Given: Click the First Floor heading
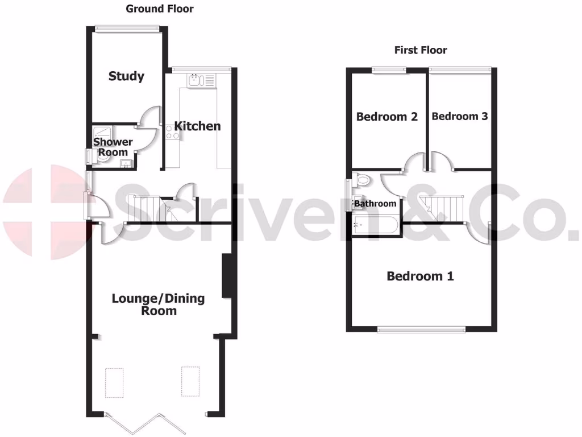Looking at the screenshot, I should tap(421, 50).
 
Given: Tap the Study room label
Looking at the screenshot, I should tap(126, 76).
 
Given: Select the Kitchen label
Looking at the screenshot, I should tap(197, 126).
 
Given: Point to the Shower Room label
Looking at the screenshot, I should tap(113, 147).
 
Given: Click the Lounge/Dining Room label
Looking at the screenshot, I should tap(159, 304).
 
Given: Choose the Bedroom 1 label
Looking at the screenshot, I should tap(420, 277).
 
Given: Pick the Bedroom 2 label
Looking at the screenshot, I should tap(386, 117).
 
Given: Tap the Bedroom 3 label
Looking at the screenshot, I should tap(459, 116).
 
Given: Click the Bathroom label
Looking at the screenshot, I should tap(375, 203).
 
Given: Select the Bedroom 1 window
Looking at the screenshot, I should tap(421, 329).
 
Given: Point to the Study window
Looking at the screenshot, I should tap(127, 28).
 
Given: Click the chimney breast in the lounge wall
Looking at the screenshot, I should tap(226, 276).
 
